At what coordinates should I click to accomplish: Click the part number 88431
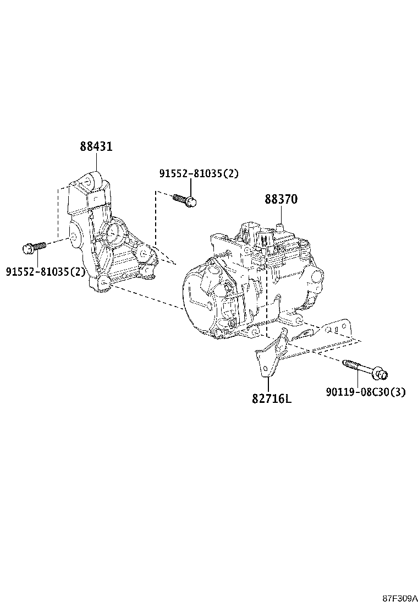coord(96,147)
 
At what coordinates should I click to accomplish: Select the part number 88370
coord(280,199)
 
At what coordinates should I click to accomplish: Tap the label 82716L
coord(272,397)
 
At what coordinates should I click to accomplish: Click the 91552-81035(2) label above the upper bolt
coord(199,173)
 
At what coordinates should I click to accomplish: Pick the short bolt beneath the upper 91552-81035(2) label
coord(184,200)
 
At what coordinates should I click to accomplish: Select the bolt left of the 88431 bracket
coord(34,248)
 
